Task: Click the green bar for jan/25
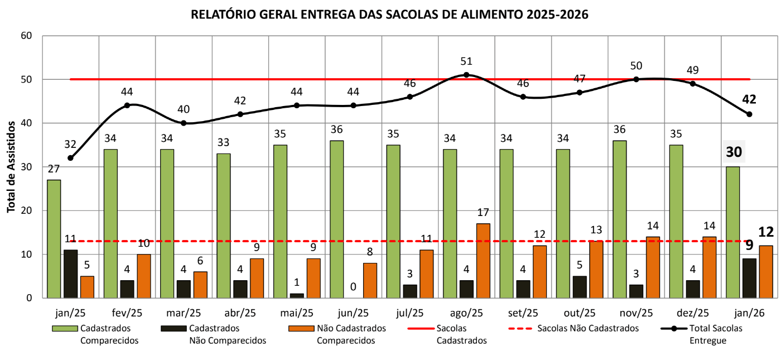54,239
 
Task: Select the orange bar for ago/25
483,261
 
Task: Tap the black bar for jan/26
749,278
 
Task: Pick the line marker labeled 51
466,75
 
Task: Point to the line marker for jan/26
749,114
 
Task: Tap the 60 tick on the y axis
27,36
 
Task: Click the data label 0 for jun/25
353,287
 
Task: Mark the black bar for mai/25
297,295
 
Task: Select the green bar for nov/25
619,219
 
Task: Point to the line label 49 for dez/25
692,70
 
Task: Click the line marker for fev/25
127,105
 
